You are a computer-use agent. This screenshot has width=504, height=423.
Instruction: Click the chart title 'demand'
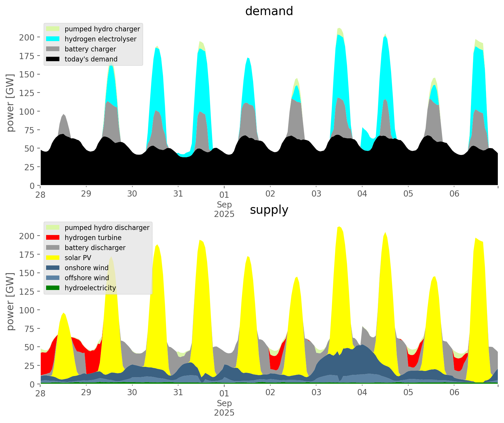pyautogui.click(x=269, y=11)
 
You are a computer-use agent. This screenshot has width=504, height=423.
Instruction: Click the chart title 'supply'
pyautogui.click(x=269, y=210)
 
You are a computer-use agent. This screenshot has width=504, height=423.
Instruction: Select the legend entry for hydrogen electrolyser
pyautogui.click(x=100, y=39)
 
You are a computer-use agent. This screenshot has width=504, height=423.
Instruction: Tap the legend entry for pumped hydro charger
pyautogui.click(x=102, y=29)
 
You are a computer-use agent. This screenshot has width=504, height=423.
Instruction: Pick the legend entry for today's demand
pyautogui.click(x=91, y=59)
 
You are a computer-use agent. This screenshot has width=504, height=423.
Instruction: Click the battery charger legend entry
pyautogui.click(x=90, y=49)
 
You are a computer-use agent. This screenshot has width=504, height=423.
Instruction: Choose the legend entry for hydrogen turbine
pyautogui.click(x=93, y=238)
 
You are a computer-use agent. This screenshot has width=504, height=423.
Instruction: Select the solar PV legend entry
pyautogui.click(x=78, y=258)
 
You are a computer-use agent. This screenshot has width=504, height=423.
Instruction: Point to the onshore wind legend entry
pyautogui.click(x=87, y=268)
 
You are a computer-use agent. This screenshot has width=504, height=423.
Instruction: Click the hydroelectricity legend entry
pyautogui.click(x=90, y=288)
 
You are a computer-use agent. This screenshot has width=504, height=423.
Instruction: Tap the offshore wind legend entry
pyautogui.click(x=87, y=278)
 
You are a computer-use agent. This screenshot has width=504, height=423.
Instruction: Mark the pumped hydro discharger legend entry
pyautogui.click(x=107, y=228)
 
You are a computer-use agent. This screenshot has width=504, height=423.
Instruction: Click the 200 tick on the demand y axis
pyautogui.click(x=27, y=37)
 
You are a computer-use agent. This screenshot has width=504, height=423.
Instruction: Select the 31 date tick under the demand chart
pyautogui.click(x=178, y=194)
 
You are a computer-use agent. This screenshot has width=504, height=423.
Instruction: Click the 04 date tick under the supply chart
pyautogui.click(x=362, y=393)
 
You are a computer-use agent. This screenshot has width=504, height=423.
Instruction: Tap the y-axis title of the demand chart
pyautogui.click(x=10, y=103)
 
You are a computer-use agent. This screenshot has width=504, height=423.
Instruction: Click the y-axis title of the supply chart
pyautogui.click(x=10, y=302)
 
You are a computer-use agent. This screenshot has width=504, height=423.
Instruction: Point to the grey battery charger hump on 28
pyautogui.click(x=64, y=124)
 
